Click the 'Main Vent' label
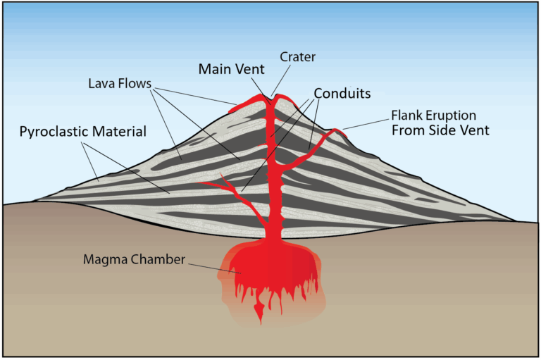tap(232, 69)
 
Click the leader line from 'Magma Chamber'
tap(211, 265)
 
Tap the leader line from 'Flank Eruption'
tap(366, 123)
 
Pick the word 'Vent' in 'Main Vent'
tap(251, 69)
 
